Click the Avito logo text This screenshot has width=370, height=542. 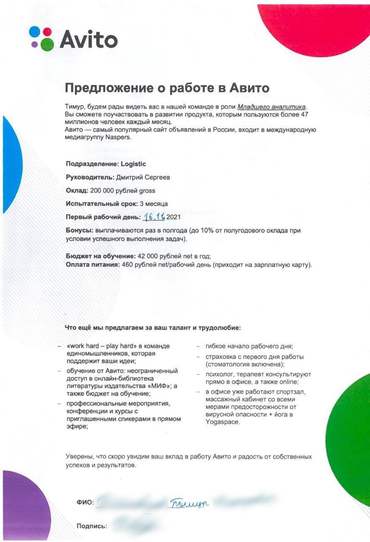(x=88, y=40)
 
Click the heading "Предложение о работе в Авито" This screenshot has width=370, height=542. (x=167, y=88)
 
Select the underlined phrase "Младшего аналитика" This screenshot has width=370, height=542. (x=271, y=107)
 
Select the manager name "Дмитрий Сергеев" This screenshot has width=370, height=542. (x=143, y=177)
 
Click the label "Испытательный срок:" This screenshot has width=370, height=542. (x=102, y=204)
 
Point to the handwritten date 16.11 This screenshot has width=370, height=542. (x=154, y=217)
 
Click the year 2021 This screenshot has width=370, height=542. (x=174, y=217)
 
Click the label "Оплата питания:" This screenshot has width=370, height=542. (x=93, y=265)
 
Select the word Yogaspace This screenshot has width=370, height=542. (x=222, y=422)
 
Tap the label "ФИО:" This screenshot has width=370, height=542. (x=85, y=503)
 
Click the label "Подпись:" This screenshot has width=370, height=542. (x=91, y=526)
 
